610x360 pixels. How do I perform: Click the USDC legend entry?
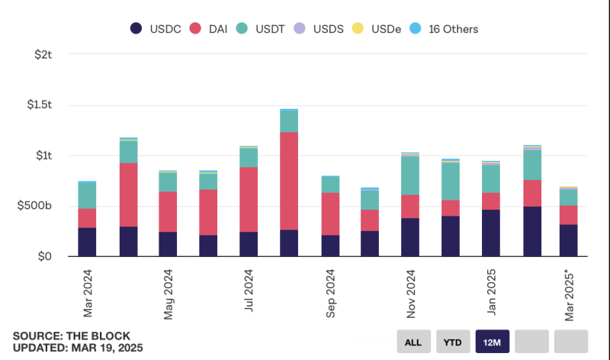pyautogui.click(x=157, y=29)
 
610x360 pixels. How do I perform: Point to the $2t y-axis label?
pyautogui.click(x=42, y=55)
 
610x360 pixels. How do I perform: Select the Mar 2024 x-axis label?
pyautogui.click(x=88, y=293)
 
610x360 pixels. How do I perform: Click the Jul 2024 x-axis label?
pyautogui.click(x=249, y=291)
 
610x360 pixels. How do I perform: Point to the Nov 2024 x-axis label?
pyautogui.click(x=411, y=293)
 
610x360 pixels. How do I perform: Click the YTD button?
pyautogui.click(x=453, y=341)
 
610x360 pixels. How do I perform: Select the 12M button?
pyautogui.click(x=493, y=341)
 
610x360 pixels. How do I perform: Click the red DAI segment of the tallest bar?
pyautogui.click(x=289, y=181)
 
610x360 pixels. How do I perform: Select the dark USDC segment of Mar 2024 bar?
pyautogui.click(x=87, y=242)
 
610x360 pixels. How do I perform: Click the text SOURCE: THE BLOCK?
pyautogui.click(x=72, y=336)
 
